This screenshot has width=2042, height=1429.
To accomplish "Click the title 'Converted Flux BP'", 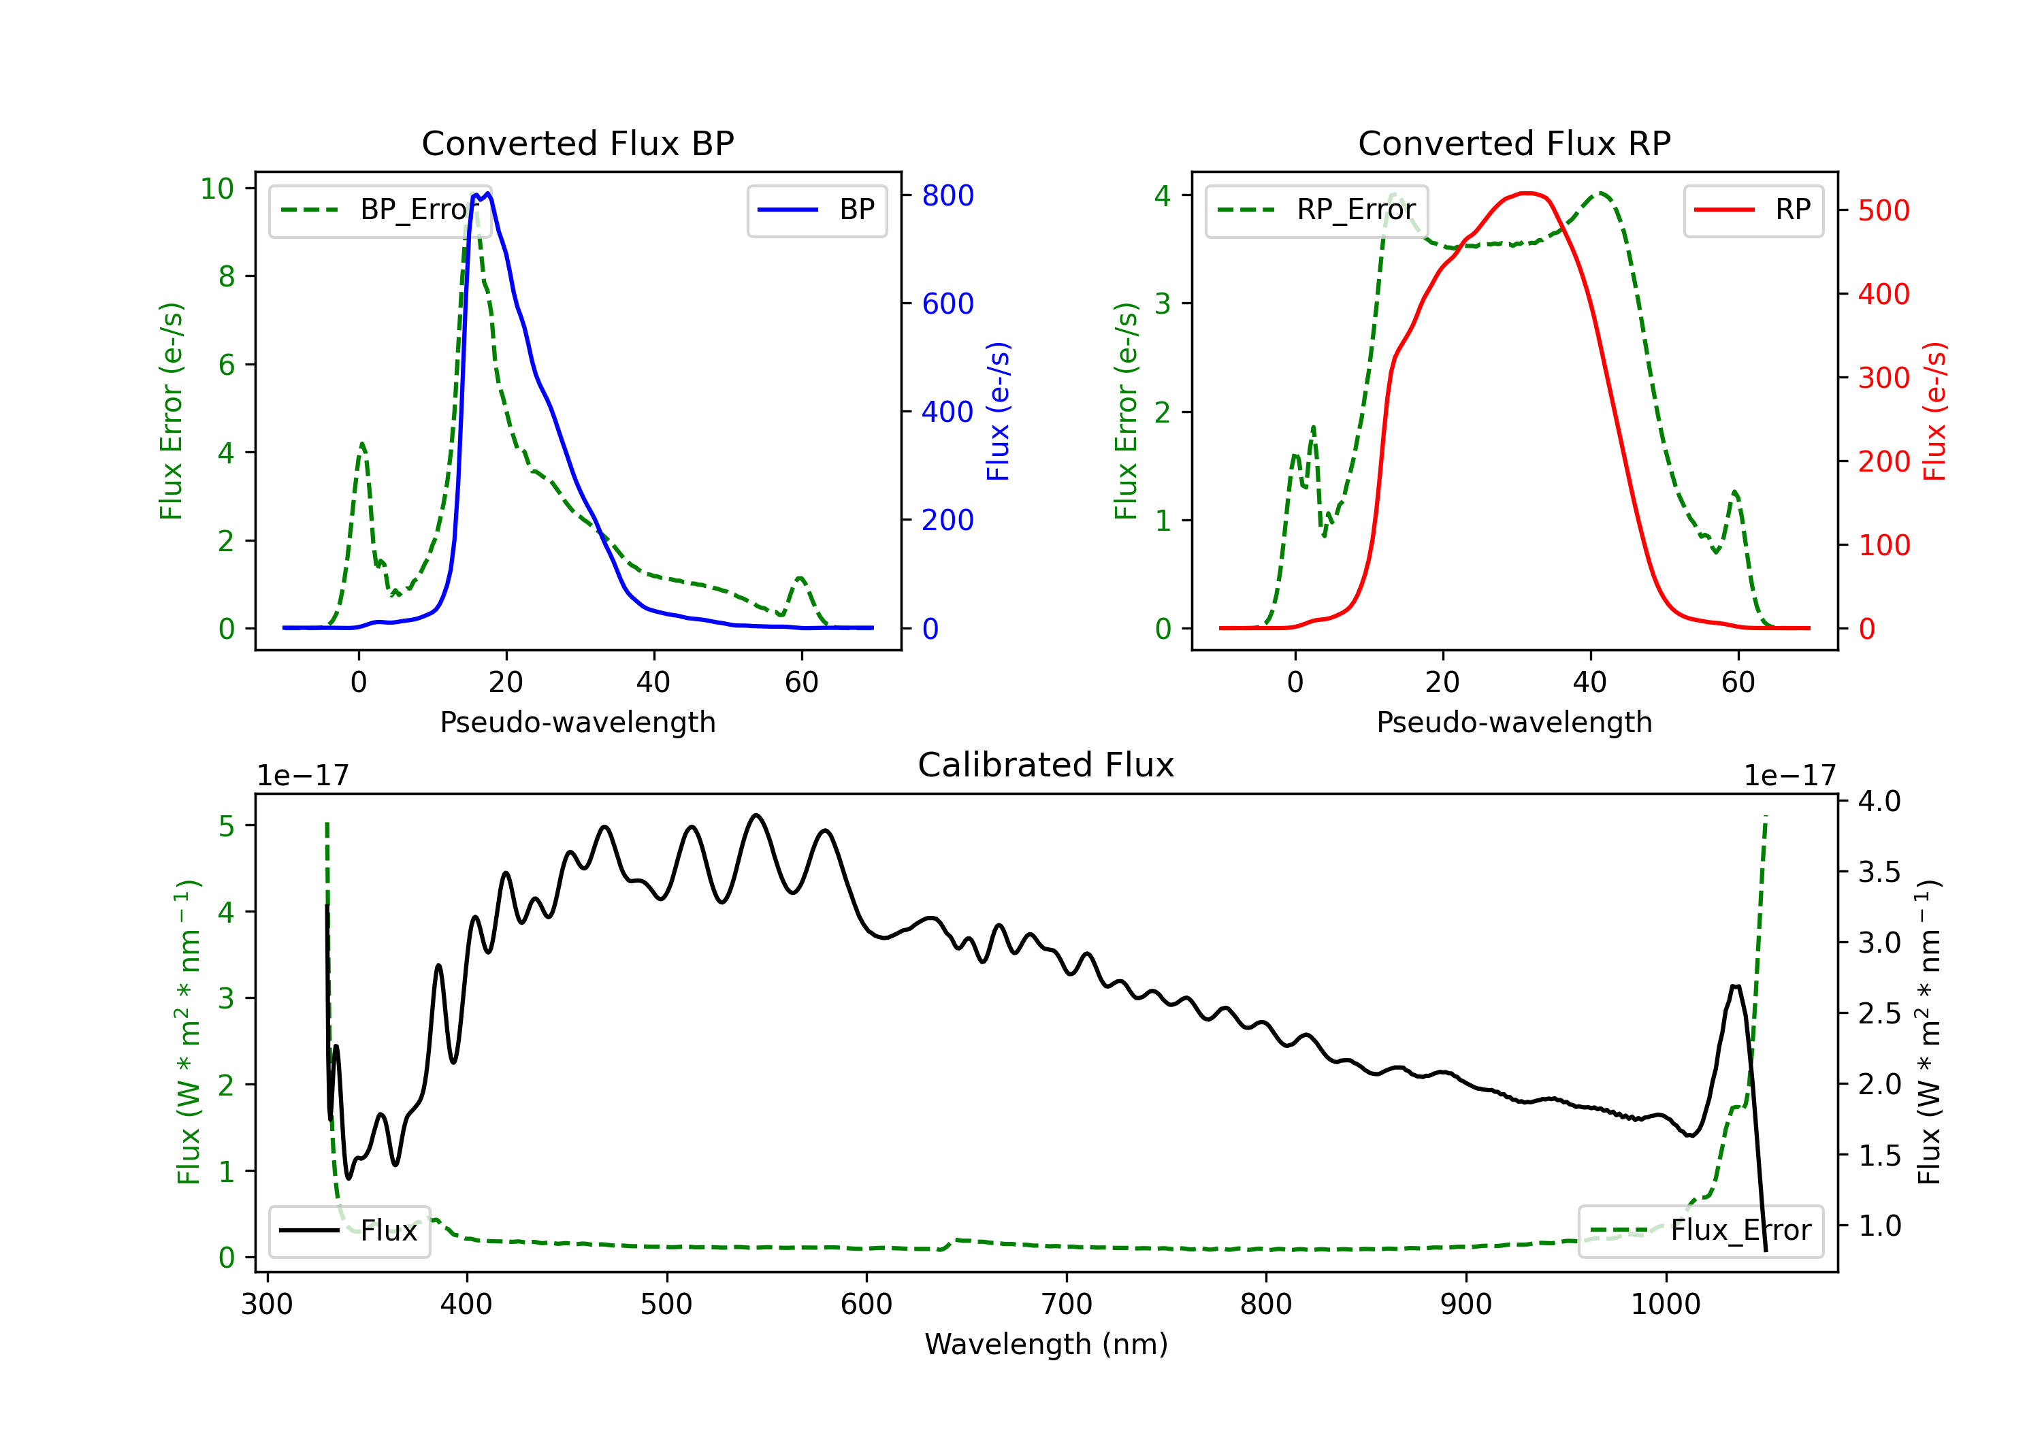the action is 577,143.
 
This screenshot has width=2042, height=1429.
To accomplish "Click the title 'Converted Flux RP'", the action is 1514,143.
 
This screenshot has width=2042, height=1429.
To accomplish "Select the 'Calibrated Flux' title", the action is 1046,765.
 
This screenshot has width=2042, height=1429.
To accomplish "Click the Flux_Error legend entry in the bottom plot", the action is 1700,1231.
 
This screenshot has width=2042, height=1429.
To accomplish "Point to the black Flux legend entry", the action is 349,1231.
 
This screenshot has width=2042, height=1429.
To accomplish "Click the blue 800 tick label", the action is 948,195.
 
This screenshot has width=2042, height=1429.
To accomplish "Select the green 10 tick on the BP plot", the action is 217,188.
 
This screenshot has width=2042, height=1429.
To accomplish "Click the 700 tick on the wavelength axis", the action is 1067,1304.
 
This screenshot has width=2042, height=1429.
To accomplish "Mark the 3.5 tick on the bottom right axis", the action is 1879,872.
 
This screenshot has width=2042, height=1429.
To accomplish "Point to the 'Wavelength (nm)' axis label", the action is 1046,1344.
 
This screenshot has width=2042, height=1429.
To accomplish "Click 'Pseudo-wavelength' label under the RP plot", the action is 1514,722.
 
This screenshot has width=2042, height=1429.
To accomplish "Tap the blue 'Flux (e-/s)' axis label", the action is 999,411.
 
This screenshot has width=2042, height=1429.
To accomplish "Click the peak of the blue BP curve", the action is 488,194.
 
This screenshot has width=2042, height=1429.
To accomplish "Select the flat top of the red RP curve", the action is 1526,193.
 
